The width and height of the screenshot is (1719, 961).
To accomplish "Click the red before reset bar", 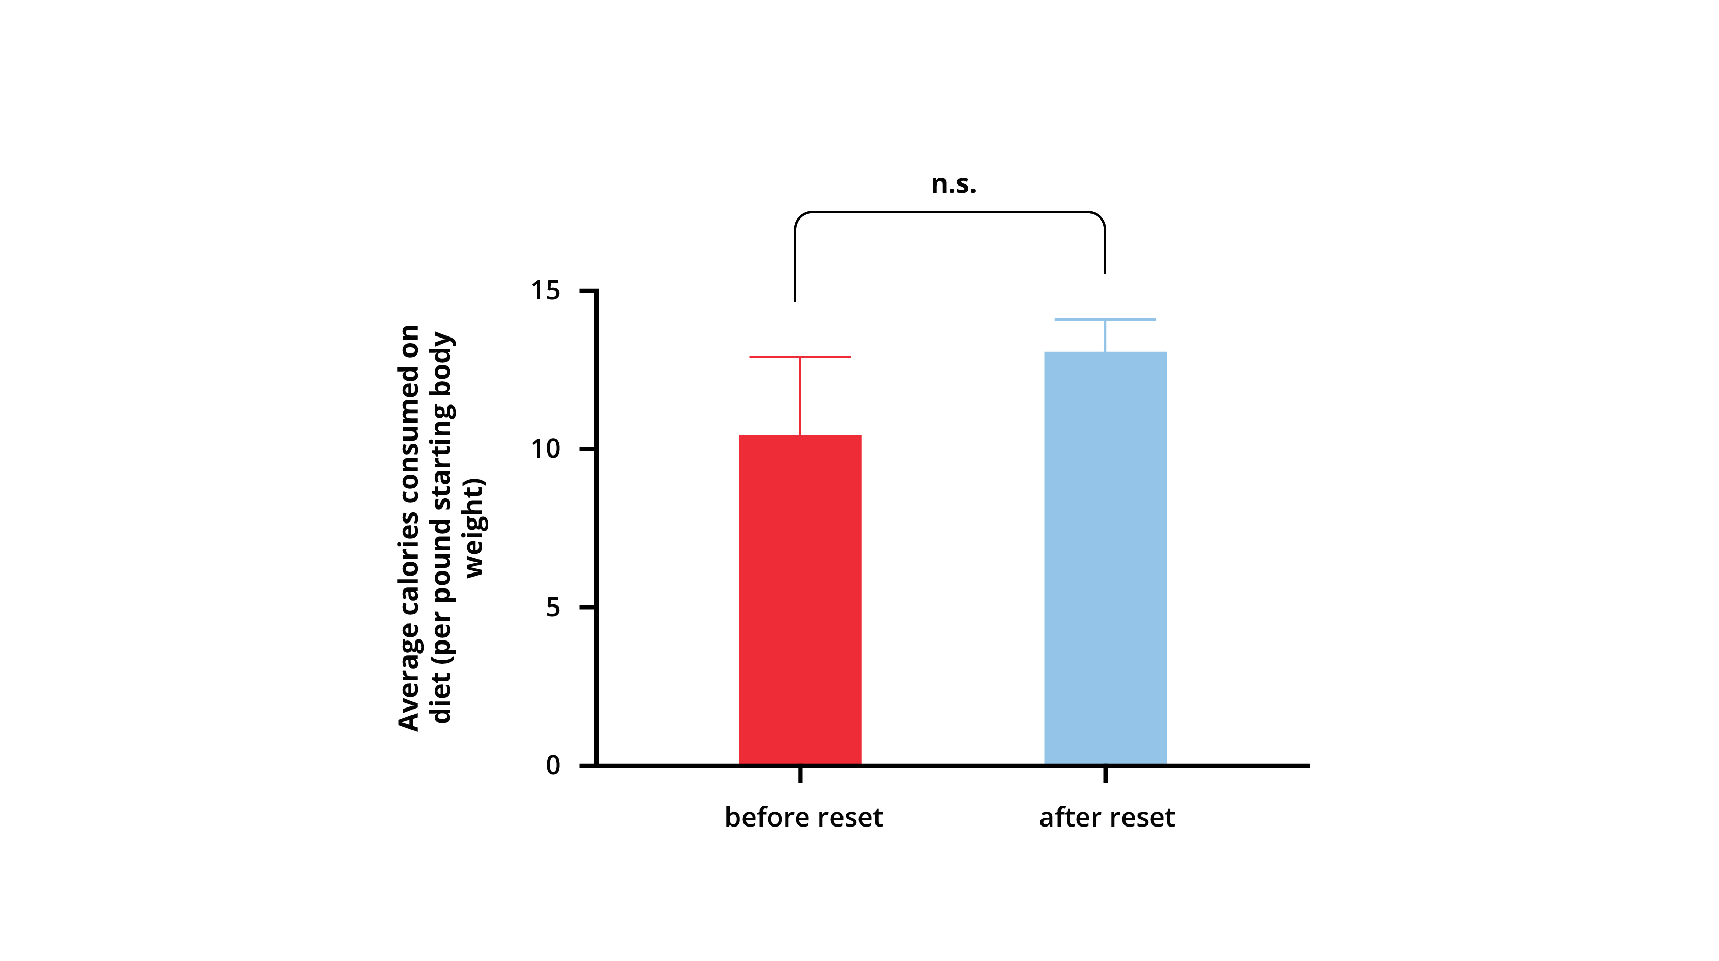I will coord(800,600).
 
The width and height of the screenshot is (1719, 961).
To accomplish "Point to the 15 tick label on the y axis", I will coord(545,291).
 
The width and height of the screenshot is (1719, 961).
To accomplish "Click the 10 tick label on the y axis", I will coord(545,449).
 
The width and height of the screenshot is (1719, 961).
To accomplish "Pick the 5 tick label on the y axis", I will coord(553,607).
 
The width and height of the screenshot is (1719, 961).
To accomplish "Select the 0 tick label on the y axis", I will coord(553,765).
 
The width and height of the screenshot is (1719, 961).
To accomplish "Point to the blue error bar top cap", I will coord(1105,319).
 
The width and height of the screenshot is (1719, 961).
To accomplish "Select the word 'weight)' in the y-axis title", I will coord(474,528).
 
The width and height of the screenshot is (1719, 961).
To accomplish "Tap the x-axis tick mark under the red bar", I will coord(800,774).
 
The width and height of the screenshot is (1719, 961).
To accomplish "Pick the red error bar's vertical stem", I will coord(800,396).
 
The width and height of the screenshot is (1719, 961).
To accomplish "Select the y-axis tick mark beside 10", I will coord(587,449).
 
